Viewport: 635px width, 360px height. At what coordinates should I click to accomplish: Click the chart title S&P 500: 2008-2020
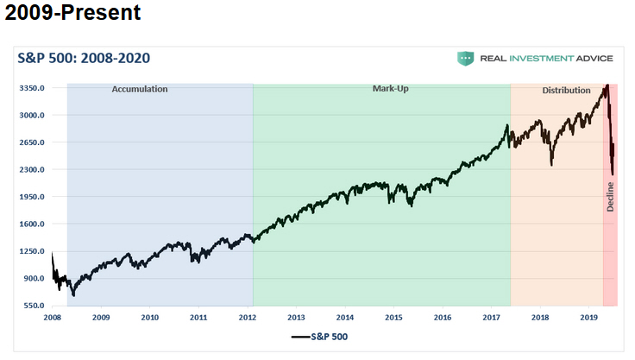(85, 58)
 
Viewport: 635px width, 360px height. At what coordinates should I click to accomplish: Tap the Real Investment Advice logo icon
(467, 58)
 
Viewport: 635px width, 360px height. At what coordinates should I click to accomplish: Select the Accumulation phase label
(140, 89)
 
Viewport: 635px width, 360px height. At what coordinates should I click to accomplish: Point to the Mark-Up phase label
(390, 89)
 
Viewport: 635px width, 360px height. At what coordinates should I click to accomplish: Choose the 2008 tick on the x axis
(53, 318)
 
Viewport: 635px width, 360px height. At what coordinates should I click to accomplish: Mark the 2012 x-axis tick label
(248, 318)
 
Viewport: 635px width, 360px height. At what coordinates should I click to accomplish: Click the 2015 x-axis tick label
(394, 318)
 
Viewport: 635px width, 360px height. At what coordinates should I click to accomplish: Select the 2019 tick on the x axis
(589, 318)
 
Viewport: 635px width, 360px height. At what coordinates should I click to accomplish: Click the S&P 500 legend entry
(318, 337)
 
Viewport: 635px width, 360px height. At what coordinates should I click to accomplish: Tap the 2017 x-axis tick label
(492, 318)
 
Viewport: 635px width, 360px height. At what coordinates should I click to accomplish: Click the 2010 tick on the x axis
(150, 318)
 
